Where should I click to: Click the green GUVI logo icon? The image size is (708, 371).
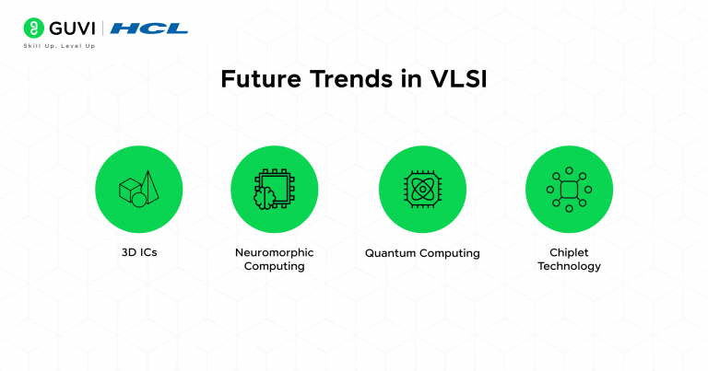point(34,28)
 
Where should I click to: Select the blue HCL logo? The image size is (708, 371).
point(148,28)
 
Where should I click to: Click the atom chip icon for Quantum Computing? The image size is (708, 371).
point(421,190)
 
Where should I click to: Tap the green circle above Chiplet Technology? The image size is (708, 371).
point(569,190)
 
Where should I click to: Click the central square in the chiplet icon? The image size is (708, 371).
point(569,190)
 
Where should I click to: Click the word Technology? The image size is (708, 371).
point(570,267)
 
